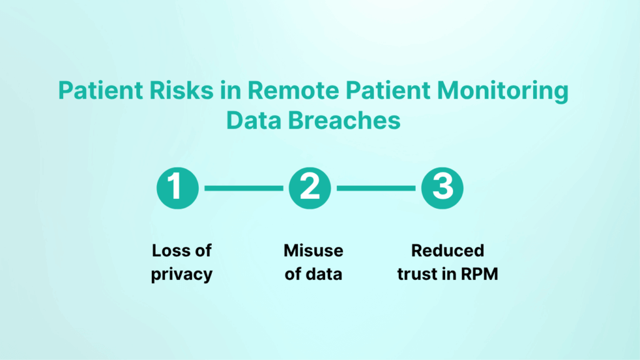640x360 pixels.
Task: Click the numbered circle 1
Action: tap(177, 187)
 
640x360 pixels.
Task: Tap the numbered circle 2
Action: tap(310, 187)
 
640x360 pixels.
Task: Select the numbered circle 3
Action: tap(442, 187)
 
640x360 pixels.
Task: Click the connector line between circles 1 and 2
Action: tap(244, 187)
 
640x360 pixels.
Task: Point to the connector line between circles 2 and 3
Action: tap(376, 187)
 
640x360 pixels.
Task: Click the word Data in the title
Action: tap(254, 120)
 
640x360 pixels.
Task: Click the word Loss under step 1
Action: tap(169, 251)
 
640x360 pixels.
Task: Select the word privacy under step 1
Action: tap(182, 274)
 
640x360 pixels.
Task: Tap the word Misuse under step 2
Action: tap(313, 251)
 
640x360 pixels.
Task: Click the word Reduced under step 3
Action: tap(447, 251)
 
